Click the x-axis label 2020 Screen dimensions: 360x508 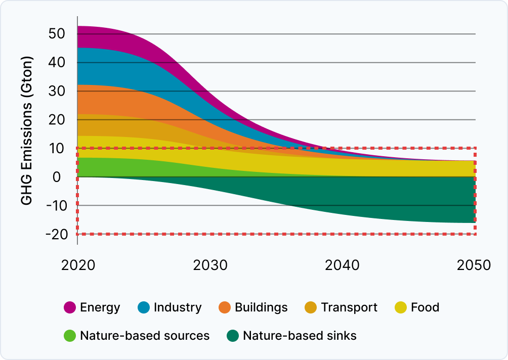78,265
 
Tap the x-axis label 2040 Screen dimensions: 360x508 343,265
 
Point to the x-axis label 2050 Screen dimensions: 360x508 474,265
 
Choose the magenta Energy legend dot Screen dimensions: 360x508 70,307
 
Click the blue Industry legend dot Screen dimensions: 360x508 143,307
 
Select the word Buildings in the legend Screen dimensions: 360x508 261,307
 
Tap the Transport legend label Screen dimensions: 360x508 349,307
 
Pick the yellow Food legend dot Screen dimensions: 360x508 401,307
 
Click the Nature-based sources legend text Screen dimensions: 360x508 145,336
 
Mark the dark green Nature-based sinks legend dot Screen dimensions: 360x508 233,336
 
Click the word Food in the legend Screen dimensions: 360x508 425,307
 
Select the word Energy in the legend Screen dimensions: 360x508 100,307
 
